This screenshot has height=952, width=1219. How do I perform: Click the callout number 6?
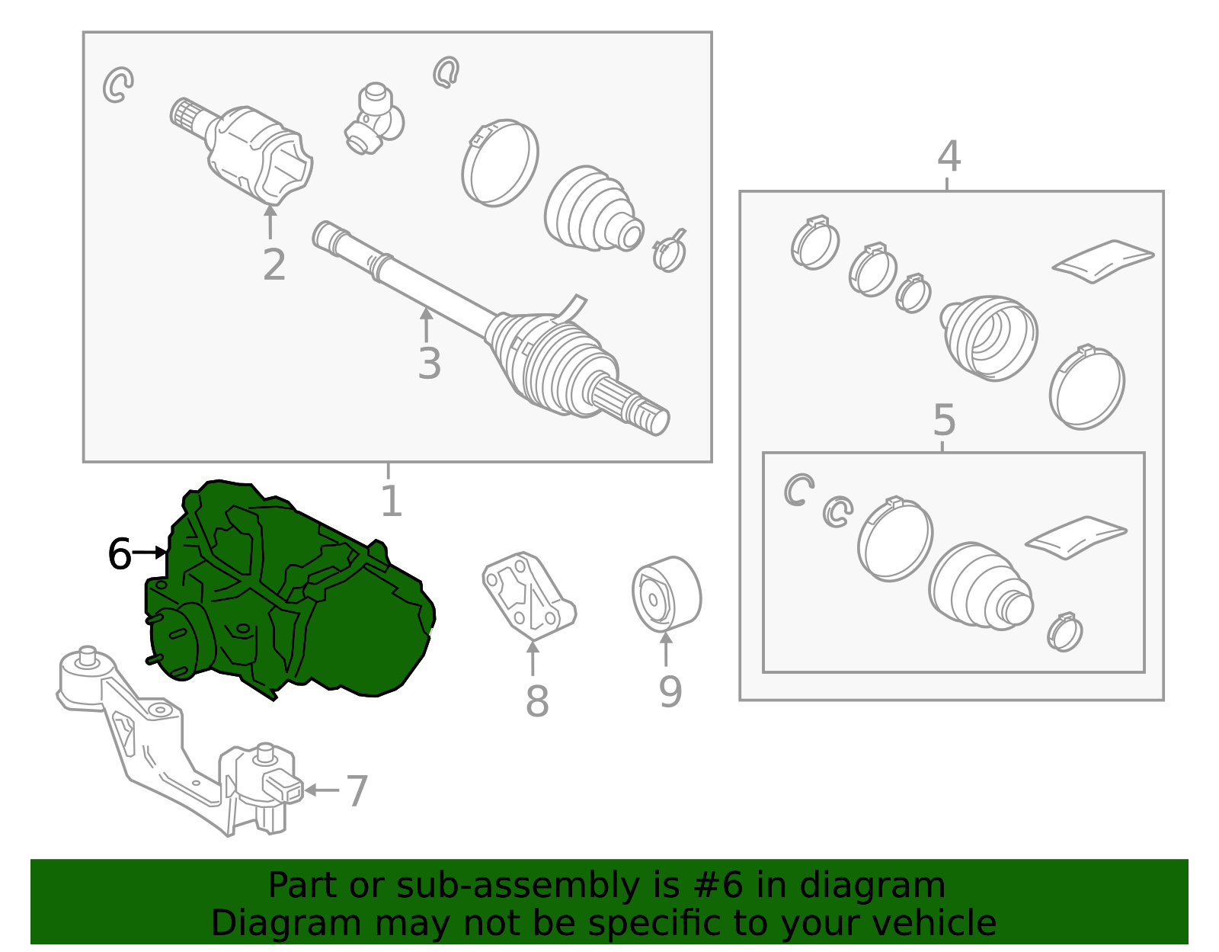click(x=120, y=553)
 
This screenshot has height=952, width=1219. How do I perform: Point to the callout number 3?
click(x=430, y=363)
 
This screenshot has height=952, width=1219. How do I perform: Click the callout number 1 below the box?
click(x=392, y=501)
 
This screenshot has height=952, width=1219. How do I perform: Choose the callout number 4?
click(x=949, y=156)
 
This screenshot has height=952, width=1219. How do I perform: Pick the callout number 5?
click(x=944, y=420)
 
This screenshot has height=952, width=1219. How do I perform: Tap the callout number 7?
click(x=357, y=791)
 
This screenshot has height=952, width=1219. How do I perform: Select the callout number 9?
click(x=670, y=691)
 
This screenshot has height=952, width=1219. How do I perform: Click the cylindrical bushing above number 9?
click(x=667, y=594)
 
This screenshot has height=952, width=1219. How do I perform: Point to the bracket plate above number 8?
click(x=529, y=596)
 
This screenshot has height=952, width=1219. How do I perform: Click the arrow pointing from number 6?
click(x=149, y=553)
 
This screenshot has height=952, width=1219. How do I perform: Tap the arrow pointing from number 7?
click(x=322, y=790)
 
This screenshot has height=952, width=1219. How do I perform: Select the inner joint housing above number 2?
click(x=242, y=152)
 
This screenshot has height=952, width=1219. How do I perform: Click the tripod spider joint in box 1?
click(x=374, y=118)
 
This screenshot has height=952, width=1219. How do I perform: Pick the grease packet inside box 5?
click(x=1076, y=537)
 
